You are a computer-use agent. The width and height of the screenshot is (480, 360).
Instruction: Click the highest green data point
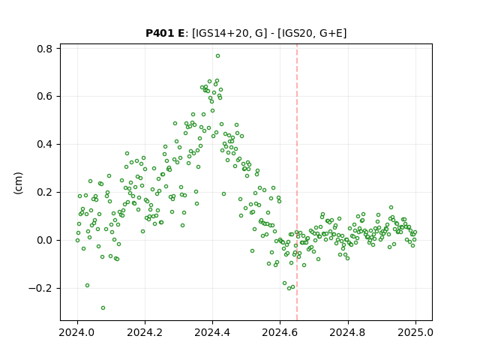click(x=217, y=56)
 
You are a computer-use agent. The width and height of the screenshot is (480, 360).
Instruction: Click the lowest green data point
click(x=103, y=308)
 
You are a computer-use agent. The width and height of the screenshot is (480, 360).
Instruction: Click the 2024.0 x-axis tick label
click(x=77, y=332)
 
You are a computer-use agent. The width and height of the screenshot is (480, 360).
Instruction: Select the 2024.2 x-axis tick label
click(x=145, y=332)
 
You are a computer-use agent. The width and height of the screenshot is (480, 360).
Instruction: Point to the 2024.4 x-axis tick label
click(x=212, y=332)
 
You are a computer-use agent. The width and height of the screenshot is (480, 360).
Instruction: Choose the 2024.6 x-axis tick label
click(x=280, y=332)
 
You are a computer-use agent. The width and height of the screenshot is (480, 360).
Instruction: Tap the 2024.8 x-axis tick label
click(x=348, y=332)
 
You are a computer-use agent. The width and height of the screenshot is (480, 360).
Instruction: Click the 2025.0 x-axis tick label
click(x=415, y=332)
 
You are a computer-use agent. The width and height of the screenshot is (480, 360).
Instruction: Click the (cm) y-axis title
click(x=18, y=183)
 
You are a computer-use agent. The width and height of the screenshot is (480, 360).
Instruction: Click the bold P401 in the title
click(x=160, y=33)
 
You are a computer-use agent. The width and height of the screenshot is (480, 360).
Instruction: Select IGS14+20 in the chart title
click(x=221, y=33)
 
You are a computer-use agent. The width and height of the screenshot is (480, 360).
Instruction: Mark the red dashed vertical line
click(x=297, y=182)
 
